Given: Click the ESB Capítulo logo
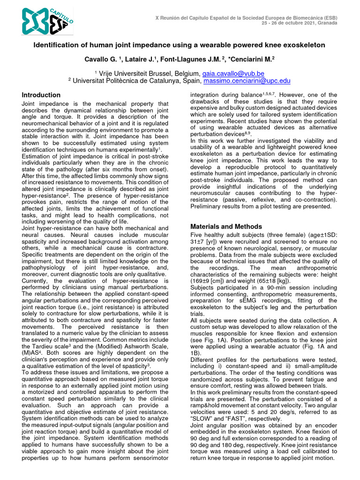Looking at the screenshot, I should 47,21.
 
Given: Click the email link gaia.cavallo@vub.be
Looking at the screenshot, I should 233,74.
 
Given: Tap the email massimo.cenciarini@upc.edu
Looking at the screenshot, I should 247,81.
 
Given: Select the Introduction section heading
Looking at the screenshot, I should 41,95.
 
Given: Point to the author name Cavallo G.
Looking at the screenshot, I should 100,60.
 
